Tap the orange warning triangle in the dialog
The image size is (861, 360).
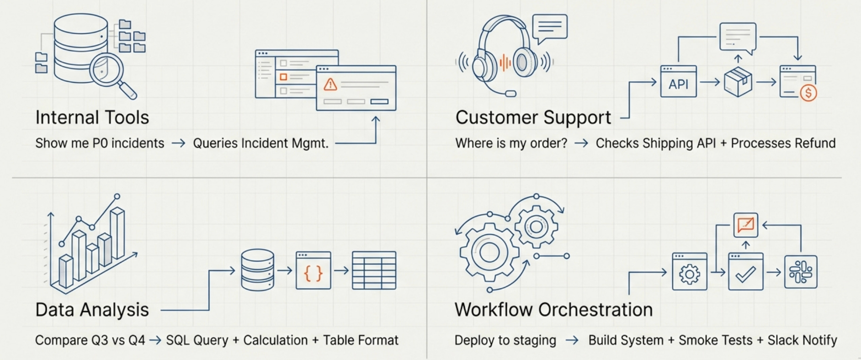pyautogui.click(x=330, y=85)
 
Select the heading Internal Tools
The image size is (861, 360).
pyautogui.click(x=92, y=117)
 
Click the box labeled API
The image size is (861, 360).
pyautogui.click(x=679, y=82)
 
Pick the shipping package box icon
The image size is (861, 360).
pyautogui.click(x=738, y=82)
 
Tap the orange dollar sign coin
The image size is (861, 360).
pyautogui.click(x=808, y=93)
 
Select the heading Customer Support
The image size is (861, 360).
pyautogui.click(x=533, y=117)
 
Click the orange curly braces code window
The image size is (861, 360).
pyautogui.click(x=313, y=270)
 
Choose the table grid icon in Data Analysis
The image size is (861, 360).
pyautogui.click(x=374, y=270)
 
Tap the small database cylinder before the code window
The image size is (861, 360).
pyautogui.click(x=257, y=270)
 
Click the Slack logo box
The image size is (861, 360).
pyautogui.click(x=801, y=272)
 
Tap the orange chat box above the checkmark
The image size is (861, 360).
pyautogui.click(x=745, y=225)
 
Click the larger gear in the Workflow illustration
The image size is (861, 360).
pyautogui.click(x=489, y=252)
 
